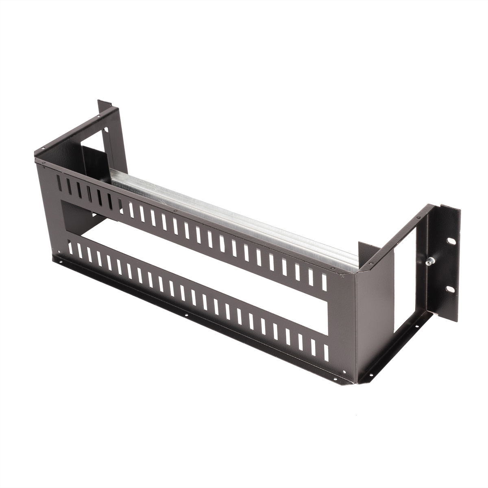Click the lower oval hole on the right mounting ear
pos(450,289)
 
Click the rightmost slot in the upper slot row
pos(324,282)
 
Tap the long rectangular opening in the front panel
pos(195,260)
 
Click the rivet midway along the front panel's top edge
pos(174,211)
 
